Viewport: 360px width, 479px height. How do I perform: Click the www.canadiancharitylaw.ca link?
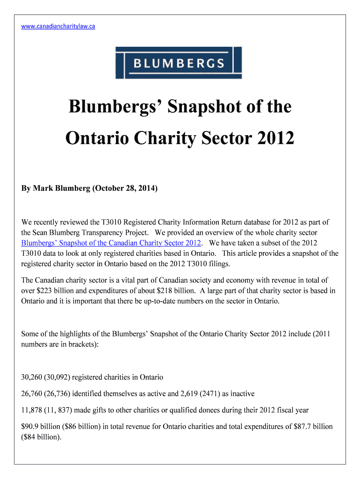(58, 26)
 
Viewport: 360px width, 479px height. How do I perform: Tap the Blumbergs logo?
(179, 63)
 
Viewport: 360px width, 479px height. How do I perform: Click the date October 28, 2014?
(125, 189)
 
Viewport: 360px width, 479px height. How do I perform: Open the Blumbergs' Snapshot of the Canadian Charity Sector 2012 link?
(112, 243)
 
